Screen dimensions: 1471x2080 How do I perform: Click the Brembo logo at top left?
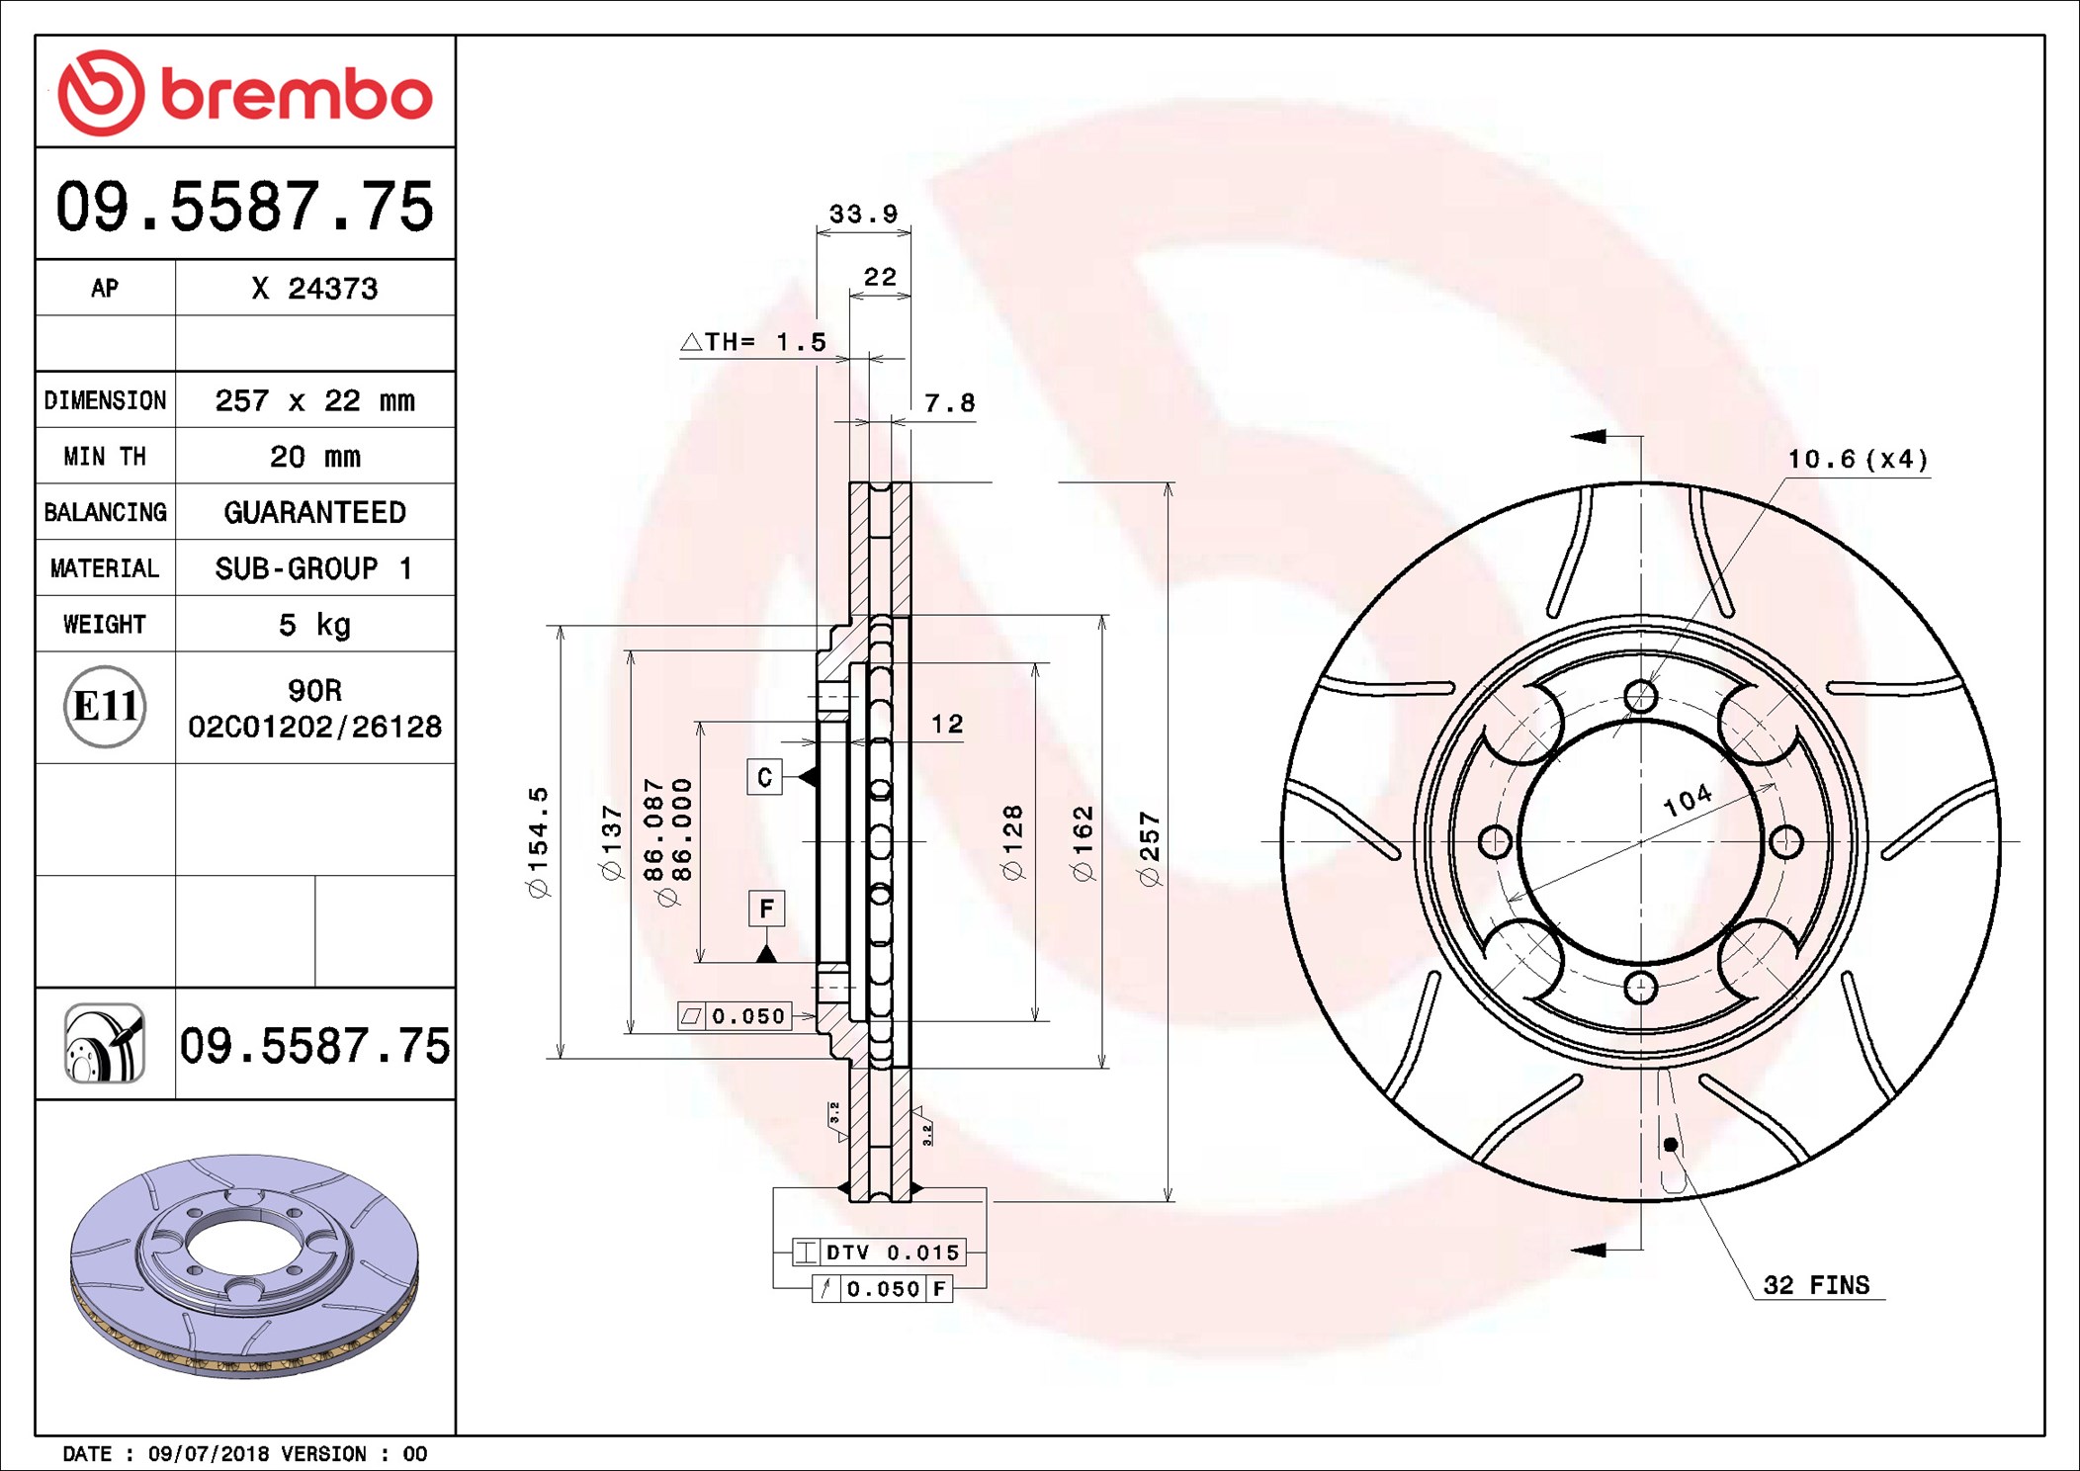[x=244, y=93]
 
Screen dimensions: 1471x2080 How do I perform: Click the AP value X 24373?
[x=314, y=289]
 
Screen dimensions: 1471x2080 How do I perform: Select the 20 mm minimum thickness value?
[x=314, y=457]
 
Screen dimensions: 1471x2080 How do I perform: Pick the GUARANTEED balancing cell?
[x=314, y=512]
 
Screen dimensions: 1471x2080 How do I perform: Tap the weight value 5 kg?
[x=314, y=625]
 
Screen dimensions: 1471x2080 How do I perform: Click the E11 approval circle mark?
[x=105, y=707]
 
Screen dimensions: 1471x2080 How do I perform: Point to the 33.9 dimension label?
[x=863, y=214]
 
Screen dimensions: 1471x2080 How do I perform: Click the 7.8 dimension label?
[x=949, y=403]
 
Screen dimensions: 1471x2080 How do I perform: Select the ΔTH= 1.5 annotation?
[x=753, y=342]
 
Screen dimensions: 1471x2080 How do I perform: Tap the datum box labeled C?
[x=764, y=777]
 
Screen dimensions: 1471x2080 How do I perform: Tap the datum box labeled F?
[x=766, y=909]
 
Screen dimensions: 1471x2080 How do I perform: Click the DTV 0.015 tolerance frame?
[x=878, y=1253]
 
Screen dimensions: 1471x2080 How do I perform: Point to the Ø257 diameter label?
[x=1149, y=848]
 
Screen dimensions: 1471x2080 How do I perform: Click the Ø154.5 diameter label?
[x=538, y=842]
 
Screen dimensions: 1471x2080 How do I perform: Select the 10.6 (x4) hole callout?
[x=1857, y=460]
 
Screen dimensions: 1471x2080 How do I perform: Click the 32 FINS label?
[x=1816, y=1285]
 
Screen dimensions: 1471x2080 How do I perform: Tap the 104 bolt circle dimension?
[x=1687, y=800]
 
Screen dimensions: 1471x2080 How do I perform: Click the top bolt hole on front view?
[x=1641, y=697]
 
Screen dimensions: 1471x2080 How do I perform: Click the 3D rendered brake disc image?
[x=244, y=1265]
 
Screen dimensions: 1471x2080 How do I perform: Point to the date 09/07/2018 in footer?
[x=208, y=1454]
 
